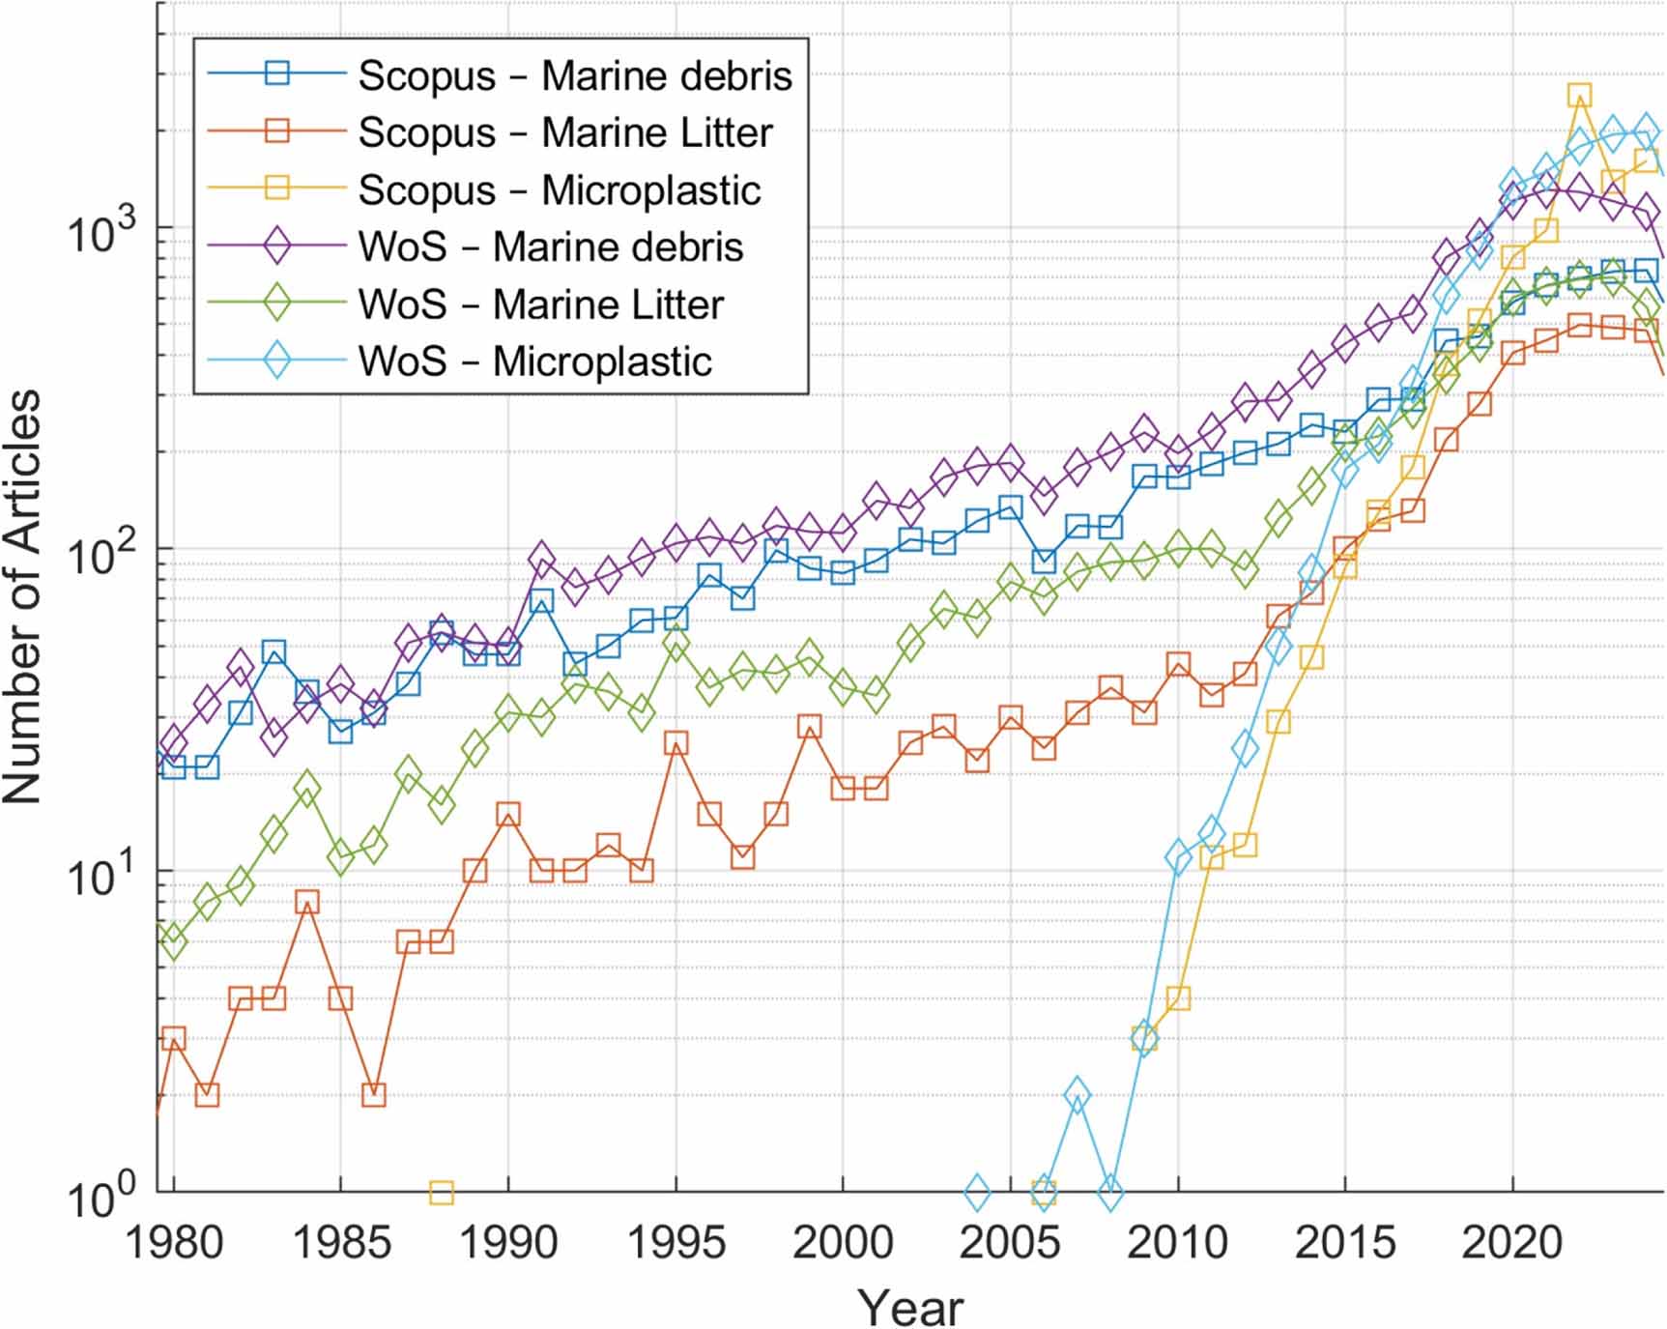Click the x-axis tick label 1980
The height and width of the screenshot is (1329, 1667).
click(175, 1243)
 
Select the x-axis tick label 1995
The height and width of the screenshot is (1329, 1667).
click(676, 1243)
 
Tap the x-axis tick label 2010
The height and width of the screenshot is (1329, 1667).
click(1177, 1243)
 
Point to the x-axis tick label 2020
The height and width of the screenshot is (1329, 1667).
click(1512, 1243)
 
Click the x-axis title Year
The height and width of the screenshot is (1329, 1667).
click(910, 1308)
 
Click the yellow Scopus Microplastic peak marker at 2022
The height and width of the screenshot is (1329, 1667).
click(1579, 95)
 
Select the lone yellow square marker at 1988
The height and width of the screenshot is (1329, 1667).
click(441, 1193)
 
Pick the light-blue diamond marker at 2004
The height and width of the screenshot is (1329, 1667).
click(977, 1193)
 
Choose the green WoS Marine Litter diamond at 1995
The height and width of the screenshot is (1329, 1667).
click(676, 644)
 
